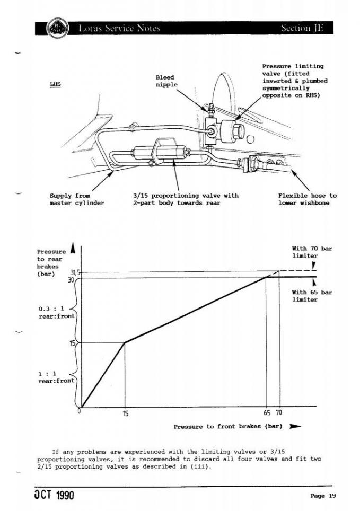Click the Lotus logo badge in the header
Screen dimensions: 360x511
click(x=57, y=28)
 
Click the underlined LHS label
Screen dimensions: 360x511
click(x=55, y=84)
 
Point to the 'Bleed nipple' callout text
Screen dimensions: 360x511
click(x=166, y=81)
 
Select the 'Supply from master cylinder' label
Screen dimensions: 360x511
click(x=77, y=199)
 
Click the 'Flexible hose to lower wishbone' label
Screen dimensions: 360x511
click(x=307, y=199)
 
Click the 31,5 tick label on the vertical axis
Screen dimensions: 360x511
click(x=75, y=273)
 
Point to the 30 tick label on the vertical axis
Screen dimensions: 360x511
click(x=72, y=279)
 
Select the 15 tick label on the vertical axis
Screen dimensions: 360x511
click(x=73, y=343)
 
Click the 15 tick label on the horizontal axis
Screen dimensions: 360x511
click(x=126, y=413)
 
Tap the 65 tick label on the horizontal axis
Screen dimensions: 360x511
click(x=267, y=412)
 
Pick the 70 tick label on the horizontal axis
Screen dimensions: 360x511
click(x=279, y=412)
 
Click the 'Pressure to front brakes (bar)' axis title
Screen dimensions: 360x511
click(x=228, y=426)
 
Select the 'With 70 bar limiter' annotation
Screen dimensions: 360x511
click(x=312, y=252)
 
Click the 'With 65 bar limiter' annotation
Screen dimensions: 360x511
click(x=312, y=296)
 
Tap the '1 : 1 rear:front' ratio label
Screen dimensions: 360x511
click(x=56, y=377)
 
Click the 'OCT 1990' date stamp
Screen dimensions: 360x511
click(x=55, y=495)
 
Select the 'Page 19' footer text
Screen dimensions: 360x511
click(x=323, y=496)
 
